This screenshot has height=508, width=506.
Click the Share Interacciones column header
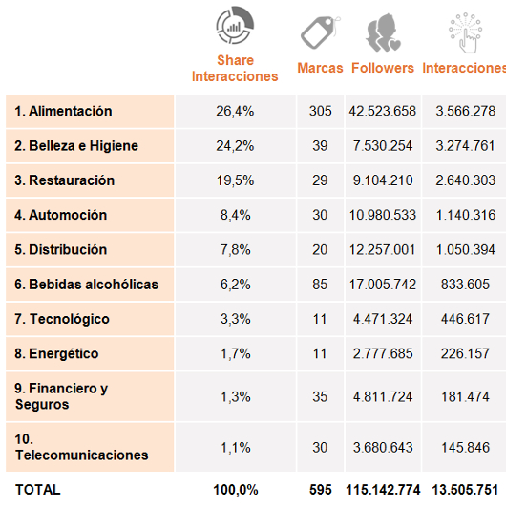point(235,69)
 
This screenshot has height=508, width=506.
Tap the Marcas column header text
point(320,68)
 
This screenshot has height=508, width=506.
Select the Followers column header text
point(383,68)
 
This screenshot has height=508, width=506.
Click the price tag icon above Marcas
point(321,32)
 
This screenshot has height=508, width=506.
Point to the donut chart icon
point(235,25)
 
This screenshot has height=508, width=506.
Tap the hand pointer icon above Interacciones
point(466,32)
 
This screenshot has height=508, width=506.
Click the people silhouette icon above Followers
point(383,32)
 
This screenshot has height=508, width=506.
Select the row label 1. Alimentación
point(64,111)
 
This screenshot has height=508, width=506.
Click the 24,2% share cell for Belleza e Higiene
point(235,146)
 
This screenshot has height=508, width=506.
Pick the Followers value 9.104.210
point(383,180)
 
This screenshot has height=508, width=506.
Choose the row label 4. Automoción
point(61,215)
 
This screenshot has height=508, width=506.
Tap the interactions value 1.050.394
point(466,250)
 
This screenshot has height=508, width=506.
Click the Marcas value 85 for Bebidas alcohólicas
point(320,285)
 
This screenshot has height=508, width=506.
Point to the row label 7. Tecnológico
point(62,319)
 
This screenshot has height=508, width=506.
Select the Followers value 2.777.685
point(383,353)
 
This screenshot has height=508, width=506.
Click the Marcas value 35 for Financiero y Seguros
point(320,397)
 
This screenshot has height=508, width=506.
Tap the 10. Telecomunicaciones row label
point(82,447)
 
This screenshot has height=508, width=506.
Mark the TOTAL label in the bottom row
point(38,490)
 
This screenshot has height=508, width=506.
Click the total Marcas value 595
point(321,490)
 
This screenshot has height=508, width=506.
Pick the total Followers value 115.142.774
point(383,490)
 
